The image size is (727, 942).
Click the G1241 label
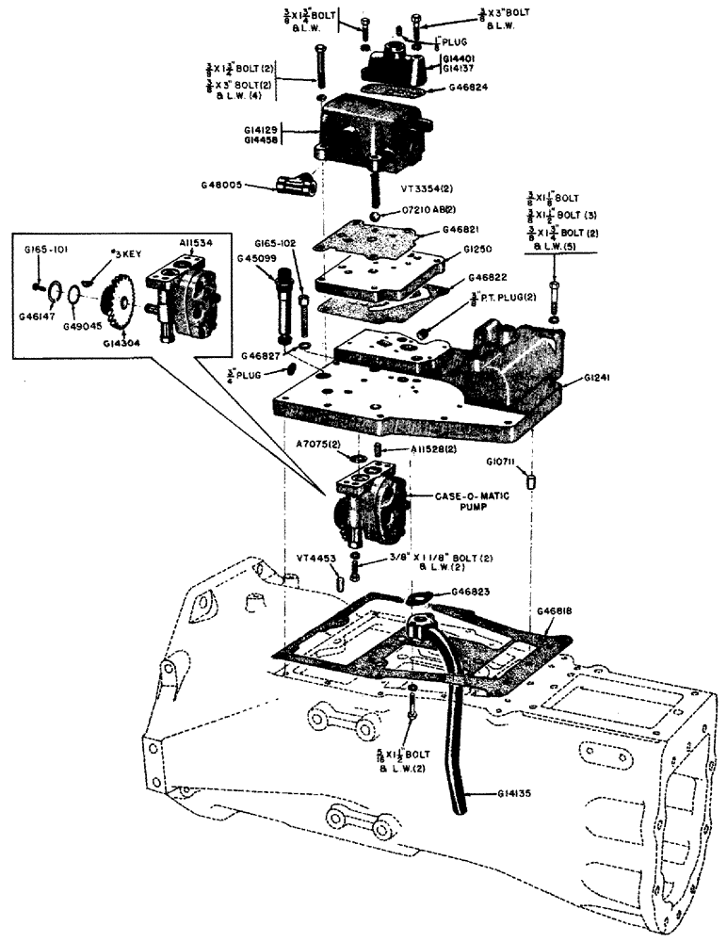(x=598, y=380)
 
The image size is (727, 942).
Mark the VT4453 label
(x=315, y=558)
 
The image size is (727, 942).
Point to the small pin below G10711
(x=533, y=480)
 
